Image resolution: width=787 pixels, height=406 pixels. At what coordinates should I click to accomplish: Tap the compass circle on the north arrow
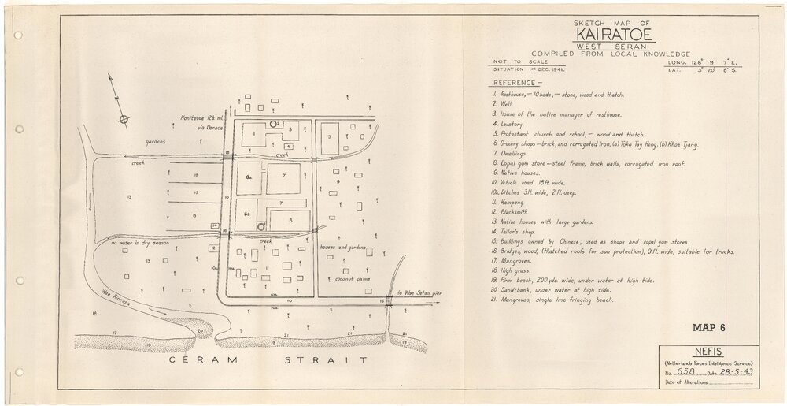[123, 120]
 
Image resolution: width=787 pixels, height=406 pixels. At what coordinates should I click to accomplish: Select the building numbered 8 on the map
[290, 220]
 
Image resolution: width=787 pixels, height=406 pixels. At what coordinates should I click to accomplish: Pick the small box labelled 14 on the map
[214, 226]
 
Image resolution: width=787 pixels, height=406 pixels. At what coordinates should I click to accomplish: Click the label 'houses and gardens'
[343, 247]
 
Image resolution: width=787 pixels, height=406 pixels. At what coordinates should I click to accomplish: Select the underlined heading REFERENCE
[517, 82]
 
